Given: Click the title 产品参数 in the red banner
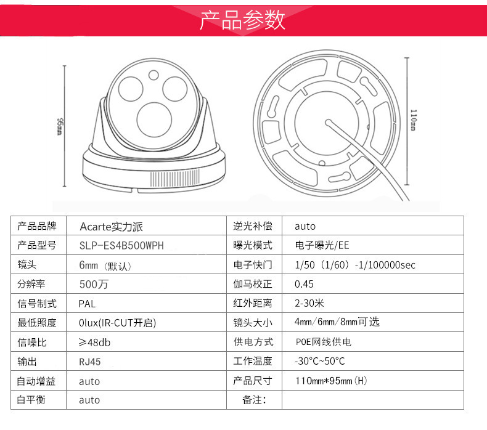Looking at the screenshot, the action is [x=242, y=20].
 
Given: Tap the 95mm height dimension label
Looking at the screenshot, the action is [x=60, y=126].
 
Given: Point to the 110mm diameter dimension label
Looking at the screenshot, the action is [x=413, y=120].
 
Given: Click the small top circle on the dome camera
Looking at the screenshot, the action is [x=153, y=75].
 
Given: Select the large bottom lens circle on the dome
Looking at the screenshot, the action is [x=154, y=120].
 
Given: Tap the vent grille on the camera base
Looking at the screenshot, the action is [x=175, y=178].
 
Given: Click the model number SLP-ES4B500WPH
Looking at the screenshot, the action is [x=121, y=246].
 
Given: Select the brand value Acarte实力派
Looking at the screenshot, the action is [x=111, y=227].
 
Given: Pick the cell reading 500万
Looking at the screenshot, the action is [x=94, y=284].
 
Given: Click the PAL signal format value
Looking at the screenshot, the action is [x=87, y=304].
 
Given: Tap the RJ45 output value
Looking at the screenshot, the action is [x=90, y=362].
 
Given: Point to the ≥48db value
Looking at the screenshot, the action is [x=94, y=343].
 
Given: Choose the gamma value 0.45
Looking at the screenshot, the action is [x=304, y=284].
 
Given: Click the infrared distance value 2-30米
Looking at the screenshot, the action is [x=309, y=303].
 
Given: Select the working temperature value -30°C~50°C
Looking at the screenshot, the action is [x=320, y=361].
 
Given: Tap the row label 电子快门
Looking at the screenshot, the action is [x=253, y=265].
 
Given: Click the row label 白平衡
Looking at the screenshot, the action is [x=31, y=400].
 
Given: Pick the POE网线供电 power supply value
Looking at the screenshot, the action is [x=323, y=342].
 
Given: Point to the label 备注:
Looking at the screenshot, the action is [x=254, y=400].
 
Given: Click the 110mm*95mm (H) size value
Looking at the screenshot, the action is [x=331, y=381].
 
